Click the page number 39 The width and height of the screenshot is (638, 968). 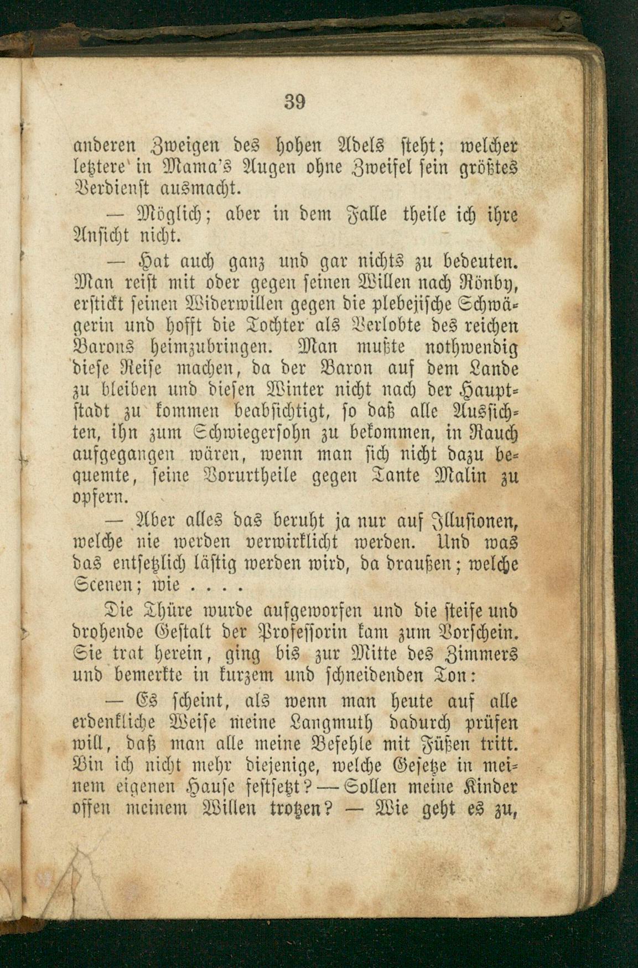pyautogui.click(x=295, y=102)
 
